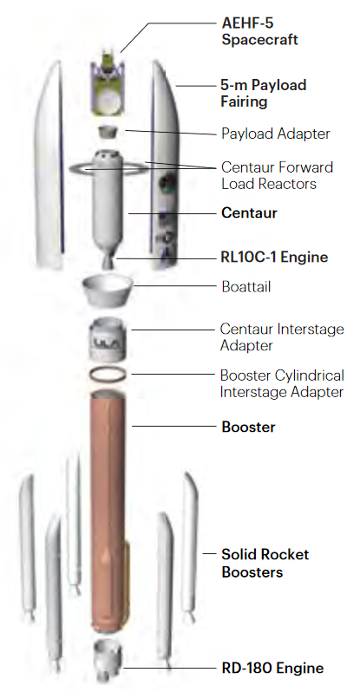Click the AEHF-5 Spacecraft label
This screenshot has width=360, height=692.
click(259, 31)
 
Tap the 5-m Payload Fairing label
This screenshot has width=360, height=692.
click(263, 93)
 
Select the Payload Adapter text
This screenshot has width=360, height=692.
click(276, 134)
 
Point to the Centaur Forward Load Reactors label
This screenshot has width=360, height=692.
click(277, 175)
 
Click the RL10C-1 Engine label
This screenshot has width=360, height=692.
click(274, 257)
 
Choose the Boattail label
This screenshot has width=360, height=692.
click(246, 287)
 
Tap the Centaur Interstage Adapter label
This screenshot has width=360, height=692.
click(282, 337)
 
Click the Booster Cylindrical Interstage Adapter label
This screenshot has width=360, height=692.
click(282, 383)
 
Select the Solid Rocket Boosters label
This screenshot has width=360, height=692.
click(265, 563)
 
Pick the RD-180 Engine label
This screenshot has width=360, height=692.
click(272, 668)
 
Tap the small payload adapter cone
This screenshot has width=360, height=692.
click(108, 132)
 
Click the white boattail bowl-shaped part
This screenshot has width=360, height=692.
click(108, 291)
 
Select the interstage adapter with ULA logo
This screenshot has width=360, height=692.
click(109, 339)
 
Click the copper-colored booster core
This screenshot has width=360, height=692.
click(108, 512)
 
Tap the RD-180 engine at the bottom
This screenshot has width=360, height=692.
click(108, 659)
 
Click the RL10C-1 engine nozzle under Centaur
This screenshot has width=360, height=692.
click(108, 261)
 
